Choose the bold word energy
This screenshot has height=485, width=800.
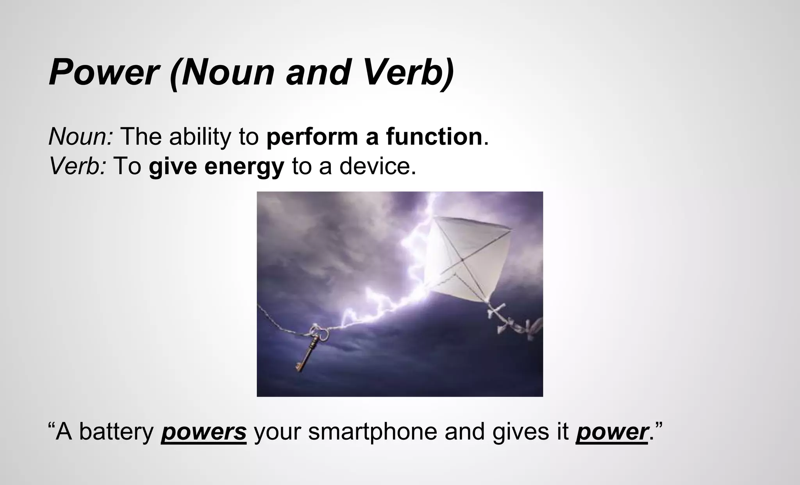pyautogui.click(x=244, y=167)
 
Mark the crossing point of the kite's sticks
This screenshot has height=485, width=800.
pyautogui.click(x=461, y=259)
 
